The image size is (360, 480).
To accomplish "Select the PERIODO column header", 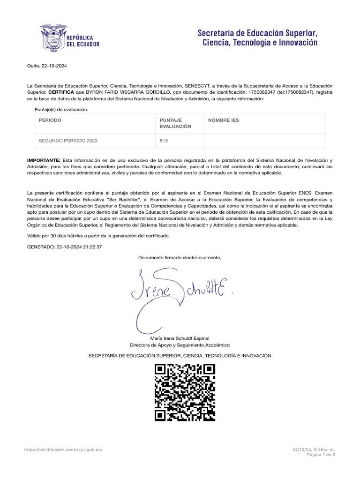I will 50,120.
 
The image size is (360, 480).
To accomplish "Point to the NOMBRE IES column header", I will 224,120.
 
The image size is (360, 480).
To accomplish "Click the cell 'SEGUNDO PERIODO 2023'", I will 68,140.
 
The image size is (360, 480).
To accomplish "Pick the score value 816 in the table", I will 164,140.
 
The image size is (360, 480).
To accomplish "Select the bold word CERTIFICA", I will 61,92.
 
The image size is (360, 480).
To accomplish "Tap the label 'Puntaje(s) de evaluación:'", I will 61,109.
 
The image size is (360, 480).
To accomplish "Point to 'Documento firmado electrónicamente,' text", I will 180,257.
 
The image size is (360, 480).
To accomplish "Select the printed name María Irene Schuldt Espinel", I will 180,338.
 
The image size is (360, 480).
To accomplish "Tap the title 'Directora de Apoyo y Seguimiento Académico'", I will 180,345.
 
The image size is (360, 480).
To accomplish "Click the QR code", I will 185,392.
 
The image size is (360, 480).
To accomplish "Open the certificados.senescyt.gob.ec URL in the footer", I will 63,449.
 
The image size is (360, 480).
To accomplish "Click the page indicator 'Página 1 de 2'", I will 321,455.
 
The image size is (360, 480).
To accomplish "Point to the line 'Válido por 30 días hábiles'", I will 98,236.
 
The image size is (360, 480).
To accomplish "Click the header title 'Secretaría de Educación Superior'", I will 258,33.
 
